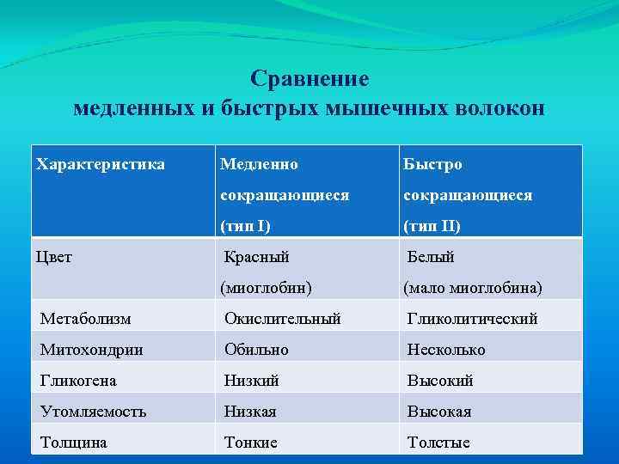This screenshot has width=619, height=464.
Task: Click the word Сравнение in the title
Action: [309, 79]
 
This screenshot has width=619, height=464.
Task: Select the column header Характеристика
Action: [101, 163]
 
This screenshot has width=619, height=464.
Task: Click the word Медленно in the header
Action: [259, 163]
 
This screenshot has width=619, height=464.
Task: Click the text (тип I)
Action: [245, 227]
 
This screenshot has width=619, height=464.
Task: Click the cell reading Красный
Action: [256, 256]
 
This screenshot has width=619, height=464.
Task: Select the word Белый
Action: [431, 256]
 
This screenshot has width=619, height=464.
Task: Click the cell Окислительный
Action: [283, 319]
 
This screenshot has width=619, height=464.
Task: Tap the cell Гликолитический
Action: [472, 319]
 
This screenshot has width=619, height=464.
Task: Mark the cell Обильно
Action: [256, 350]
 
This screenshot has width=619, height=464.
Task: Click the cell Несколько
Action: [446, 350]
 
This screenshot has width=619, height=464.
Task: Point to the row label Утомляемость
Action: [93, 412]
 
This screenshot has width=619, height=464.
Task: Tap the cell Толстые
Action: [438, 443]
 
